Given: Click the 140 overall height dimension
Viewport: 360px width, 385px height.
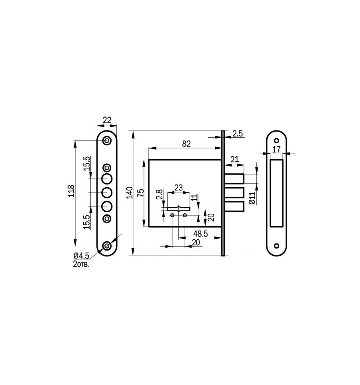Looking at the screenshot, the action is coord(130,193).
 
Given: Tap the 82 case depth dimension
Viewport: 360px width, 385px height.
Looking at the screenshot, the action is coord(186,144).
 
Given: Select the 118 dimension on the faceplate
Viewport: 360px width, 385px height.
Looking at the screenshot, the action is coord(71,191).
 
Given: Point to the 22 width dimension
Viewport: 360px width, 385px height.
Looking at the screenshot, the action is coord(107,120).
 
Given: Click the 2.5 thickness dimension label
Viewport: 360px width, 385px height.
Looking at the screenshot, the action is coord(238,134).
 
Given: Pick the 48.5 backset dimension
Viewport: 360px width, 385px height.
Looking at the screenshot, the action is coord(200,233).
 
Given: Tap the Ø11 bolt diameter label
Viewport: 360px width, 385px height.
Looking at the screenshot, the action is coord(252,199).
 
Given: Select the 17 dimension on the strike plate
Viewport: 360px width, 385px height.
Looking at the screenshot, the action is coord(276,149).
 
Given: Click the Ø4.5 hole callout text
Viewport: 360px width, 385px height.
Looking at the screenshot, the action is coord(81,256).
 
